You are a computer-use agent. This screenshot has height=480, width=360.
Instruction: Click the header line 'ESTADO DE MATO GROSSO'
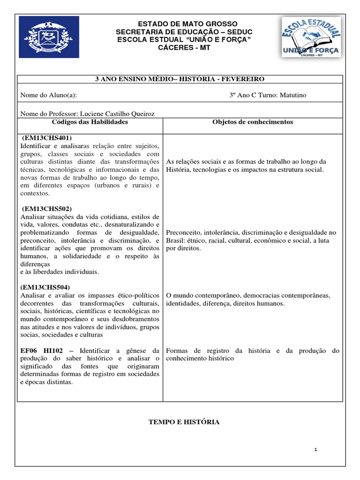[180, 24]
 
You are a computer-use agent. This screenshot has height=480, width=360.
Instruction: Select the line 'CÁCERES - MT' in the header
[180, 48]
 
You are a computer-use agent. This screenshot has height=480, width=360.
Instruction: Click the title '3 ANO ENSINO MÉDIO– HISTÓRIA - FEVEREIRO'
[180, 79]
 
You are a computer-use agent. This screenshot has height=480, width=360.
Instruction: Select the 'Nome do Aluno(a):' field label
[49, 95]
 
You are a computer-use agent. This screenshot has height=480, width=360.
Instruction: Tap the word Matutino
[290, 95]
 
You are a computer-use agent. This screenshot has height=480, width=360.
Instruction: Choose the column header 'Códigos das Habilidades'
[90, 122]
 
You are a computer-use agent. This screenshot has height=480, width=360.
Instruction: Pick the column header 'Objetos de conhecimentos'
[253, 122]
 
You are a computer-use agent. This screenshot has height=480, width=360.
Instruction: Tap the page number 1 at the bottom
[316, 450]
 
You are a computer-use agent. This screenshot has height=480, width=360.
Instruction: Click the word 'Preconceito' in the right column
[183, 232]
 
